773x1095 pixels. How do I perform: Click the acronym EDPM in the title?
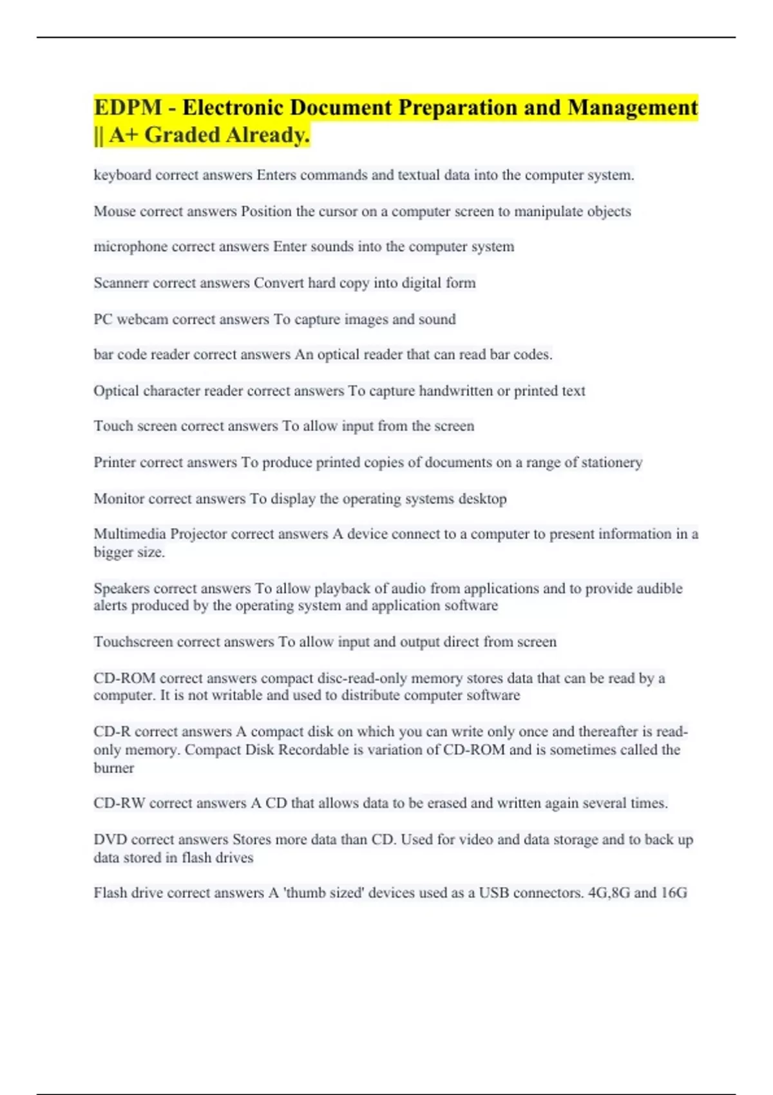128,107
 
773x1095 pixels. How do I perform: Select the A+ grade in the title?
124,135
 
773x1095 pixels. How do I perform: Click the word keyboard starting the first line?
122,175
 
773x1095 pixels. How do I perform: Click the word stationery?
611,462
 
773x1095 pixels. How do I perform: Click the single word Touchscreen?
133,642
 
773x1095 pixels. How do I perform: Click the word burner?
114,768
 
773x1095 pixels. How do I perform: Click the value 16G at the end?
674,893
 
